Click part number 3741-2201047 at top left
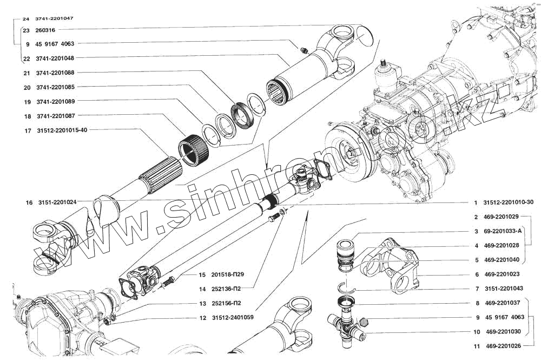pos(55,18)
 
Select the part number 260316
pos(46,30)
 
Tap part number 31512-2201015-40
pos(63,130)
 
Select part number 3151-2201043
pos(503,289)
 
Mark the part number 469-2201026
pos(503,346)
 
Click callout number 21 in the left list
pos(27,73)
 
